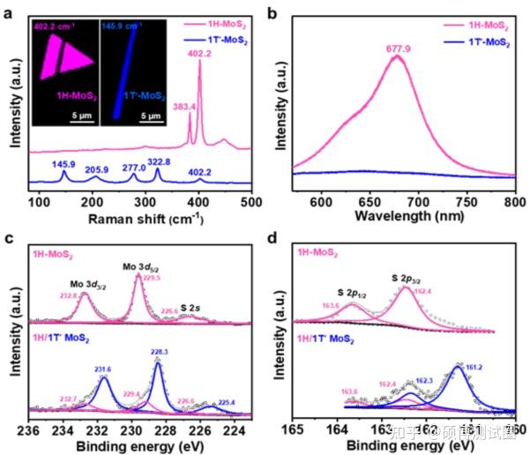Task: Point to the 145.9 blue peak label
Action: [63, 164]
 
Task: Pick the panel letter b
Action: [272, 12]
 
